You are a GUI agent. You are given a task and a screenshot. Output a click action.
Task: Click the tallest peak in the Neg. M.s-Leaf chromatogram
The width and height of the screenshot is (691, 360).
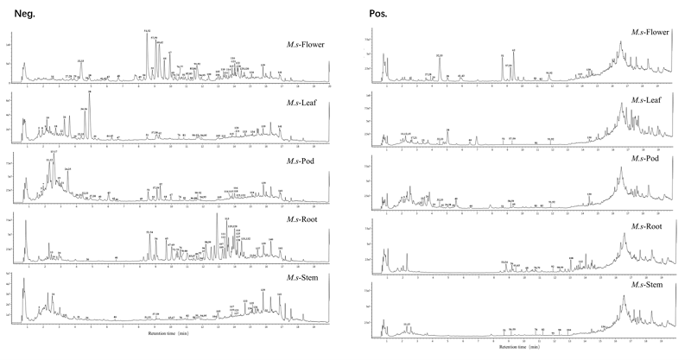(90, 92)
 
